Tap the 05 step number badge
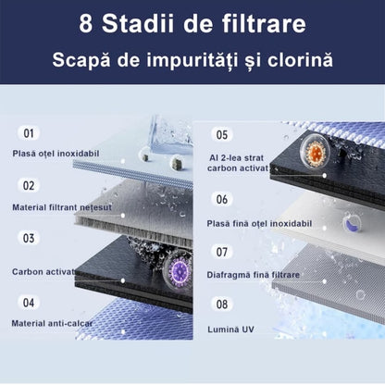pyautogui.click(x=222, y=134)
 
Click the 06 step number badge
pyautogui.click(x=222, y=199)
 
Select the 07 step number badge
pyautogui.click(x=222, y=251)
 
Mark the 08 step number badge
pyautogui.click(x=222, y=303)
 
